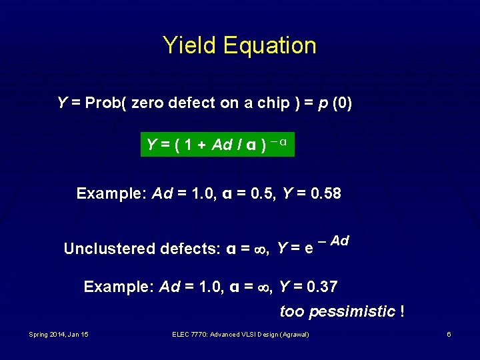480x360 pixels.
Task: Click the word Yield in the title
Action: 190,45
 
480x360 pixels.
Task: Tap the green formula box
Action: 217,144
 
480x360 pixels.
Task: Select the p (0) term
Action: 336,103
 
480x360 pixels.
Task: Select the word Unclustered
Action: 109,249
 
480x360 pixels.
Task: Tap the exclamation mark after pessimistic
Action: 402,311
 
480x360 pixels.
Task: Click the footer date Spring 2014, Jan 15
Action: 59,334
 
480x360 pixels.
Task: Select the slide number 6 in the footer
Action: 449,334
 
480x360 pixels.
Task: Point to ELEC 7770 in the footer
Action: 187,334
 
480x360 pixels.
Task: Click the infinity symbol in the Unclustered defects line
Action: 262,249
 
